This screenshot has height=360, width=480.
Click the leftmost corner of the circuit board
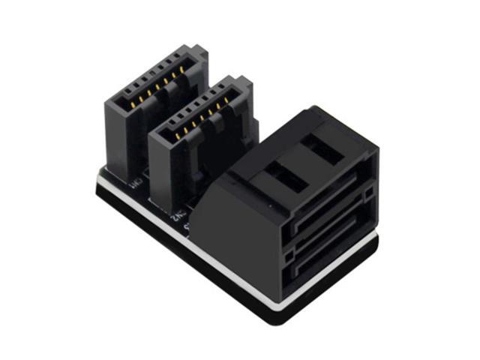[99, 180]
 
